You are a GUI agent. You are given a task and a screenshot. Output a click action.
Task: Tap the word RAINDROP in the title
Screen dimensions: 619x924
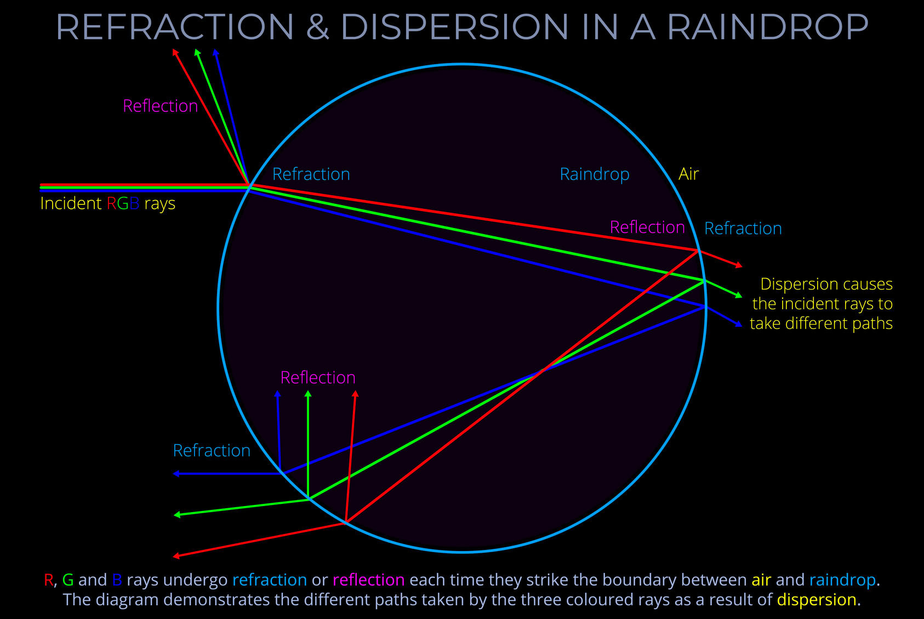pyautogui.click(x=767, y=27)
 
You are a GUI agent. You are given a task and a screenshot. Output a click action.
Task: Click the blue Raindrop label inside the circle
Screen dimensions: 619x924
pyautogui.click(x=594, y=174)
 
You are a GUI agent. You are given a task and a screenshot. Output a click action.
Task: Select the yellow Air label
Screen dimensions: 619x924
pyautogui.click(x=688, y=174)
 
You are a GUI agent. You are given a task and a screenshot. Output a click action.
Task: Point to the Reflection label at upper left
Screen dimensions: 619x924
pyautogui.click(x=160, y=106)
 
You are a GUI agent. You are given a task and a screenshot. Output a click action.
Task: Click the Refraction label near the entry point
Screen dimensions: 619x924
pyautogui.click(x=311, y=174)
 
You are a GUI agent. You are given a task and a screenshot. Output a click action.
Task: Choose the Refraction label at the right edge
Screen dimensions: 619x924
pyautogui.click(x=743, y=229)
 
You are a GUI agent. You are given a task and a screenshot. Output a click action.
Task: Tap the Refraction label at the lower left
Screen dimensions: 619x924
pyautogui.click(x=212, y=451)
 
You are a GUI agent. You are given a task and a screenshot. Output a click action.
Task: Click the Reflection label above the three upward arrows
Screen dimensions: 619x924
pyautogui.click(x=318, y=378)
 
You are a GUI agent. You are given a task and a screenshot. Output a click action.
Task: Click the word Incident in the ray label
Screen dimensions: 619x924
pyautogui.click(x=71, y=203)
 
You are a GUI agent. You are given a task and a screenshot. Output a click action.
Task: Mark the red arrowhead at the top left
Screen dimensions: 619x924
pyautogui.click(x=175, y=52)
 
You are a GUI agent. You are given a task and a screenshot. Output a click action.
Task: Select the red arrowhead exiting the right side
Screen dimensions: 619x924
pyautogui.click(x=739, y=265)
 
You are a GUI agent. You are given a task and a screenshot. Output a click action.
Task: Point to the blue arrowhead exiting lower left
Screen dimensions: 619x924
pyautogui.click(x=176, y=474)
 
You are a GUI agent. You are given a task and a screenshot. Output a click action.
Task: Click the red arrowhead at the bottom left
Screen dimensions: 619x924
pyautogui.click(x=176, y=556)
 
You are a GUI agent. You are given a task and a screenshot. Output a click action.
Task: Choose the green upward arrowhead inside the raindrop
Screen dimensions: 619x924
pyautogui.click(x=308, y=394)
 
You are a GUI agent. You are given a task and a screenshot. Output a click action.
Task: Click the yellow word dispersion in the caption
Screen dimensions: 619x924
pyautogui.click(x=816, y=600)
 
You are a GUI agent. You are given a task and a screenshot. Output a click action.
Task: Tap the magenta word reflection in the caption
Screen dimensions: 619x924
pyautogui.click(x=368, y=580)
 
